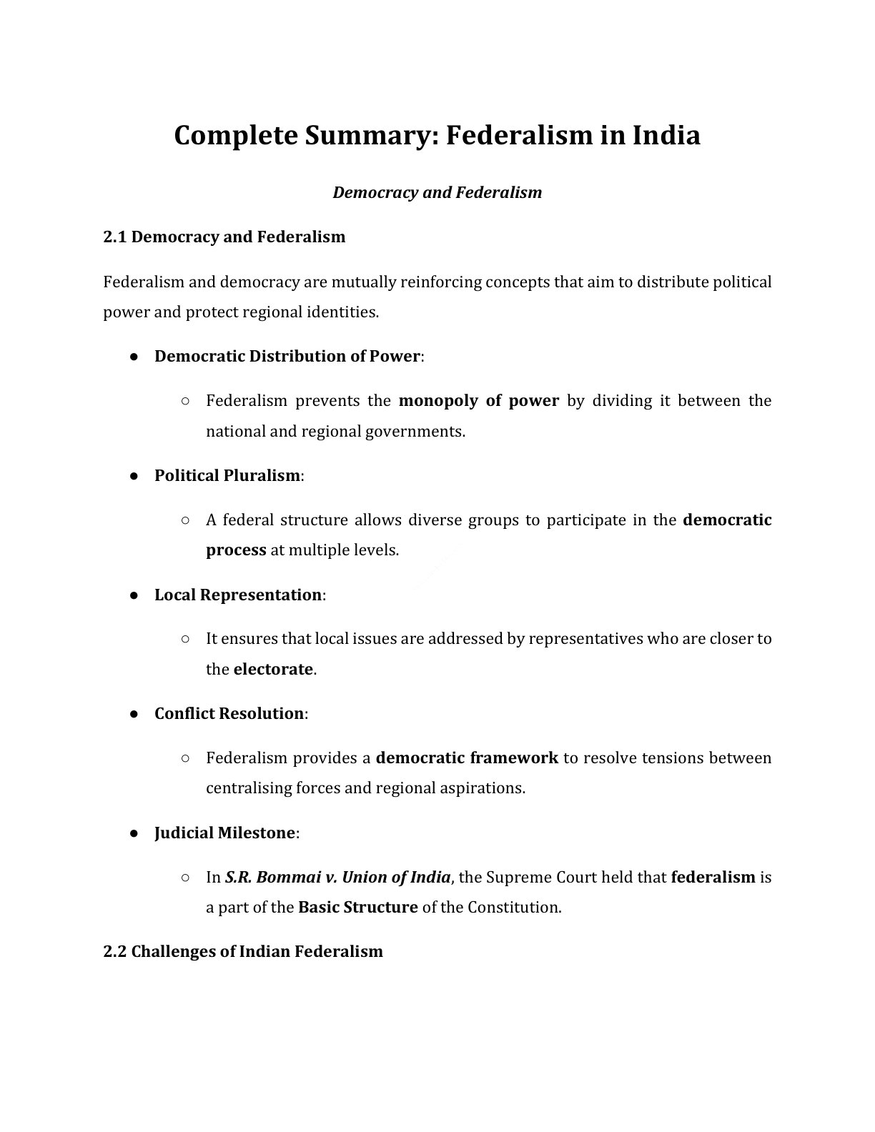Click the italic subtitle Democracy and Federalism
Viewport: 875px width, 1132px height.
click(437, 192)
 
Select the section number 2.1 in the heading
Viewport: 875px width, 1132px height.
click(115, 237)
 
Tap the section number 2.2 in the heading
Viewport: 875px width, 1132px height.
click(115, 951)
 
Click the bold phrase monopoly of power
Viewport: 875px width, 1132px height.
click(478, 400)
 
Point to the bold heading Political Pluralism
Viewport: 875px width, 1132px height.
click(227, 475)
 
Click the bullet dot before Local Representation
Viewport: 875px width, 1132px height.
click(134, 595)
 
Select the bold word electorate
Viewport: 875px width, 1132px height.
click(273, 669)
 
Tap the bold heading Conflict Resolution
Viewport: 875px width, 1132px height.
click(229, 713)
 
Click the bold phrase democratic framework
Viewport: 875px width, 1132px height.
click(467, 758)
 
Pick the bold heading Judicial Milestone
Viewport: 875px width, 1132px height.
click(224, 833)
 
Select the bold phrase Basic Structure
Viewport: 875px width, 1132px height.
click(357, 907)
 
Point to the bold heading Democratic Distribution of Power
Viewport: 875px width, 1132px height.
click(287, 356)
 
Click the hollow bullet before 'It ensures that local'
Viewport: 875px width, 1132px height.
click(185, 638)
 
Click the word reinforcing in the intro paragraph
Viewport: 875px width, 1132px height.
click(440, 282)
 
